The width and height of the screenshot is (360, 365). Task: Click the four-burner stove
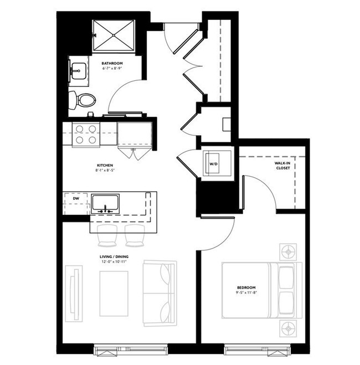(x=86, y=135)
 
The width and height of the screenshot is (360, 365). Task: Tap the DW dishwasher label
(x=76, y=197)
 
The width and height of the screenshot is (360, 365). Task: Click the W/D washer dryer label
(x=213, y=163)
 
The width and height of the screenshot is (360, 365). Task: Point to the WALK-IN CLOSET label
(x=284, y=166)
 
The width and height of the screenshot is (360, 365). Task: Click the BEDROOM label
(x=246, y=287)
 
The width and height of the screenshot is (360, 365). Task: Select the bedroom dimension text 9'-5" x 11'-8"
(x=246, y=293)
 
